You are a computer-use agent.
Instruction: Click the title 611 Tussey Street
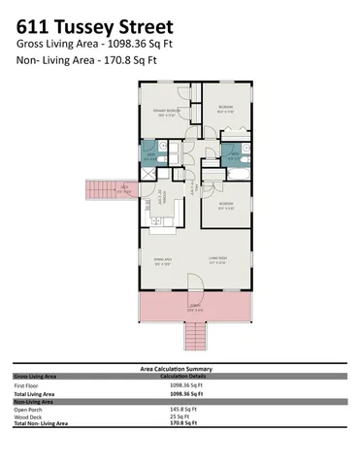pos(95,25)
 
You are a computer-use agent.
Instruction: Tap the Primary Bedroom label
pos(167,111)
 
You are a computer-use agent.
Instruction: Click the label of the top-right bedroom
pos(225,109)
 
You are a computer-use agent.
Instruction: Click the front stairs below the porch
pos(195,337)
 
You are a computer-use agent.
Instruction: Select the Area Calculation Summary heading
pos(181,368)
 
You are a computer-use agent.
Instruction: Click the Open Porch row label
pos(28,409)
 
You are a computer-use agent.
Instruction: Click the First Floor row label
pos(26,385)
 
